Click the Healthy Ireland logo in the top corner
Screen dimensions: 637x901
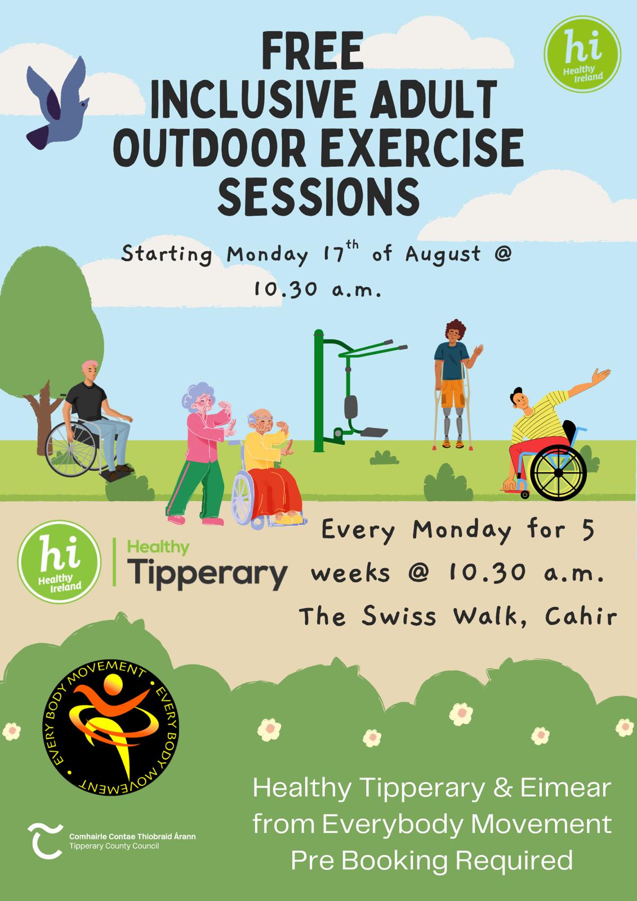click(x=582, y=54)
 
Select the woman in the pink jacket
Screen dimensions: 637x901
click(x=201, y=453)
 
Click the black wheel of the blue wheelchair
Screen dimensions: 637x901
click(x=558, y=472)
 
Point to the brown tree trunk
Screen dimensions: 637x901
click(x=45, y=418)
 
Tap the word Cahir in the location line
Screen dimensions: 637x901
click(x=581, y=616)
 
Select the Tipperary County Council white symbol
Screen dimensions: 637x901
click(x=44, y=841)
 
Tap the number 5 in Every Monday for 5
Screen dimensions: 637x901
click(x=588, y=530)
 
